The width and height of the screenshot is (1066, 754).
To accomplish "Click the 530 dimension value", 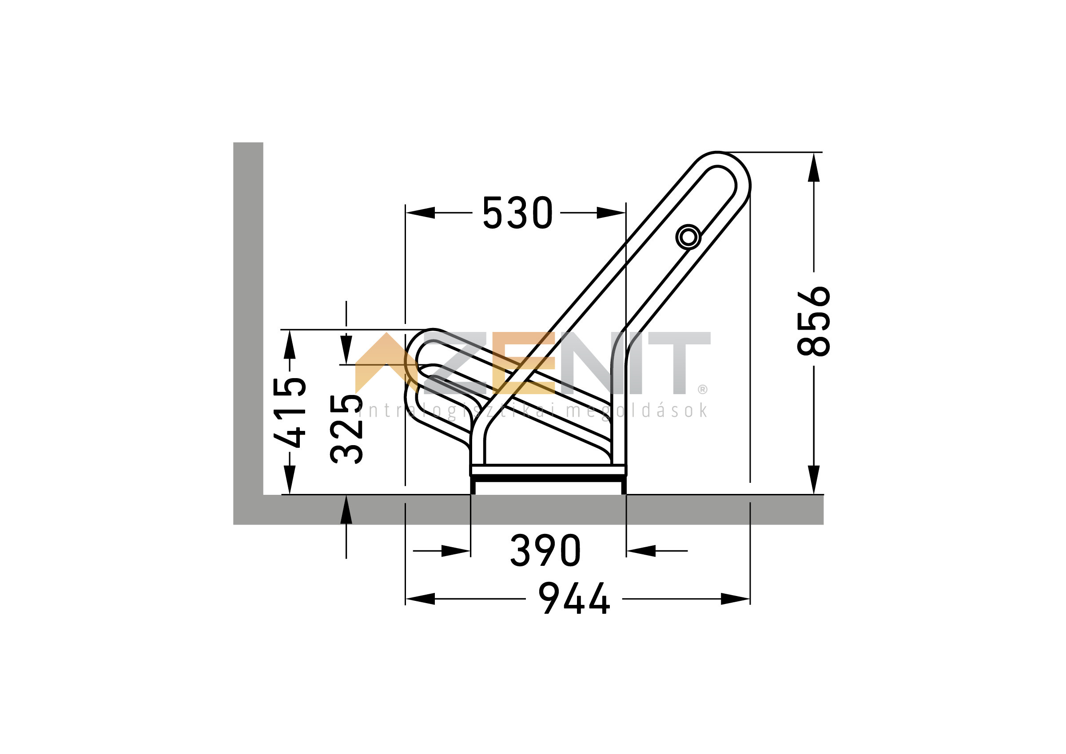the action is (517, 213).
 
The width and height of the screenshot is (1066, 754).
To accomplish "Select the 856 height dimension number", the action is (814, 321).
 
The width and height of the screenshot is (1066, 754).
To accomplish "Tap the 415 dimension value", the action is (290, 412).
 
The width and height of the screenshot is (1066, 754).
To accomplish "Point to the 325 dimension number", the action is (346, 429).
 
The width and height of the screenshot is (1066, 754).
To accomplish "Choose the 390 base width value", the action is (545, 551).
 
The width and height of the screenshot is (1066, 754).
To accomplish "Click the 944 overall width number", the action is (574, 599).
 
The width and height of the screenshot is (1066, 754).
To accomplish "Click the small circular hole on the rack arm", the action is (688, 237).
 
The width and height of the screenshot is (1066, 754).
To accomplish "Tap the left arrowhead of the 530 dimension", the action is (420, 213).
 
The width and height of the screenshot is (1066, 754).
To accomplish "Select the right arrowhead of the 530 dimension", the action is (611, 213).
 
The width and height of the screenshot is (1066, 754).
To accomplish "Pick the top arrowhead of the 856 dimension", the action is (814, 167).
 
